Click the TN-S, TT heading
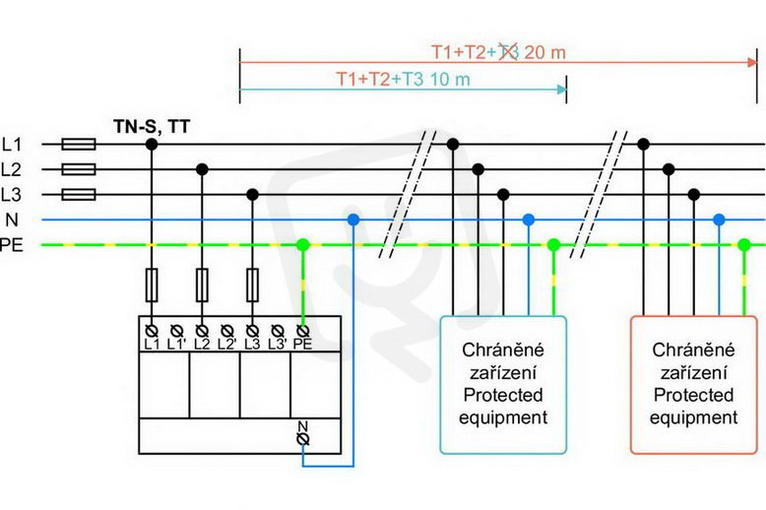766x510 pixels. click(x=152, y=127)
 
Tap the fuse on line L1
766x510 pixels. click(x=79, y=144)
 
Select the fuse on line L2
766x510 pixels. click(x=79, y=169)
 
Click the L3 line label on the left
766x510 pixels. click(x=11, y=195)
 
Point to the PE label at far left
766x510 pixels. click(x=11, y=245)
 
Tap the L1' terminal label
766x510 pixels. click(x=176, y=345)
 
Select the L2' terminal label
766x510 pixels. click(x=226, y=345)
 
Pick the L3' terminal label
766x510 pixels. click(x=277, y=345)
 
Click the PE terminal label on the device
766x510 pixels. click(x=302, y=345)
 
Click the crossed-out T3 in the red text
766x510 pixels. click(x=508, y=52)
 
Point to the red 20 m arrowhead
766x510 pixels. click(x=752, y=63)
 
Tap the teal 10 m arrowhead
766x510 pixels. click(x=562, y=90)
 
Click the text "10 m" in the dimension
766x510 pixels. click(x=449, y=79)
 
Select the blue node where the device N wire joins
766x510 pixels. click(x=353, y=220)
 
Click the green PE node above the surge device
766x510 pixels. click(x=303, y=245)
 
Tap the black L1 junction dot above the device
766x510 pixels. click(x=152, y=144)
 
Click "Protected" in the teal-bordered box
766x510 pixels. click(x=503, y=395)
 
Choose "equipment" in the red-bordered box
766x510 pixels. click(x=693, y=418)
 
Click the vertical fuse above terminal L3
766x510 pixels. click(x=252, y=285)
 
